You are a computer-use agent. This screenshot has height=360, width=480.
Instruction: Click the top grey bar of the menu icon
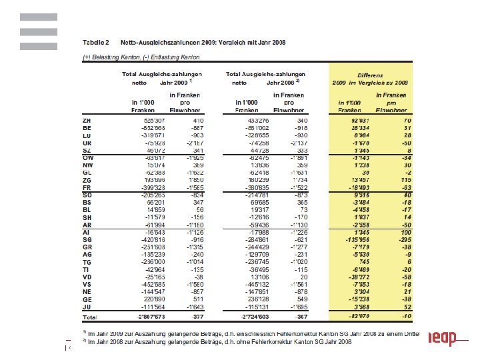[38, 17]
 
